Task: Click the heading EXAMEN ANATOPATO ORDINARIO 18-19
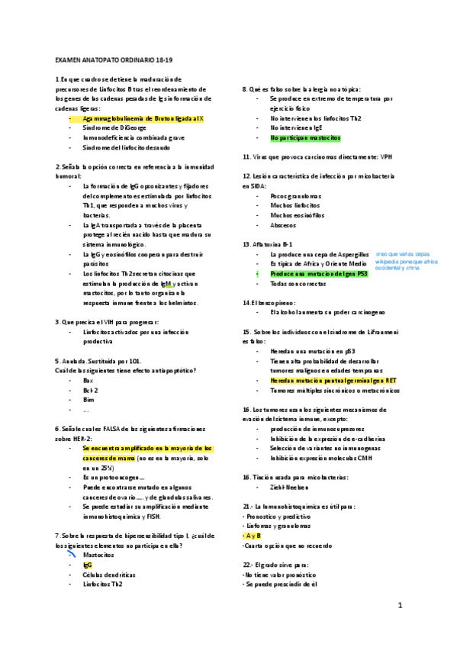click(114, 59)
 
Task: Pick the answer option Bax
click(88, 379)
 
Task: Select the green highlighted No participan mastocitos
click(305, 138)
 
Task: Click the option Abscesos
click(284, 224)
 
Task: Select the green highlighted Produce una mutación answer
click(319, 273)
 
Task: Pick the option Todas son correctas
click(298, 283)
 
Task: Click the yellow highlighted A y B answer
click(253, 536)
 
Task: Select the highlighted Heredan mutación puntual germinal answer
click(333, 380)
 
